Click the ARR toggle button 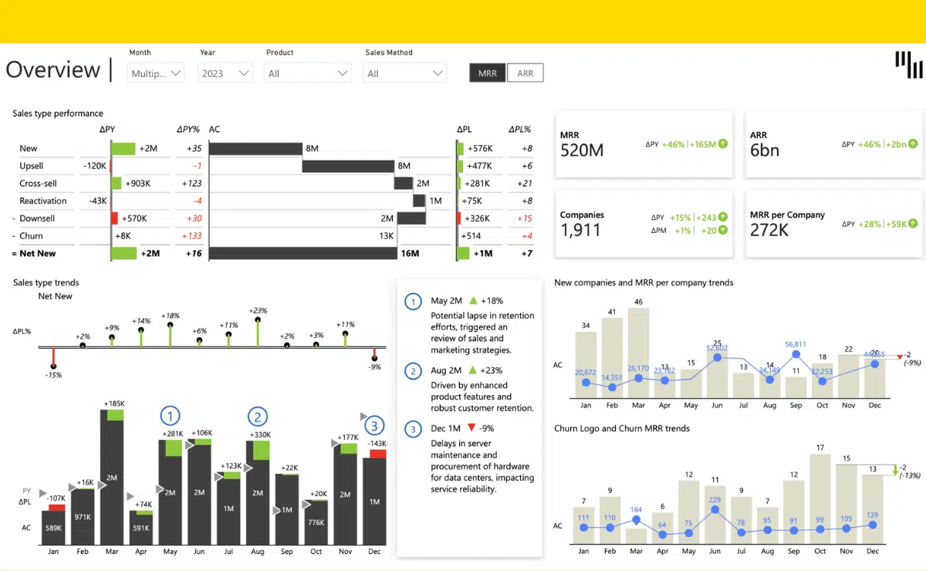tap(525, 73)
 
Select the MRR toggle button tap(488, 73)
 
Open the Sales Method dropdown tap(405, 73)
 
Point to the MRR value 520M tap(582, 150)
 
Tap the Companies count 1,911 tap(580, 229)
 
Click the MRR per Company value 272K tap(769, 229)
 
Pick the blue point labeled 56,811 tap(796, 355)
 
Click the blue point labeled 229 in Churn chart tap(715, 510)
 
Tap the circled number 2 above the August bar tap(257, 417)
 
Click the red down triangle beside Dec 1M tap(471, 427)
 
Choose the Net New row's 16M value tap(409, 253)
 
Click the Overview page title tap(53, 70)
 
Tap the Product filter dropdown tap(307, 73)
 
